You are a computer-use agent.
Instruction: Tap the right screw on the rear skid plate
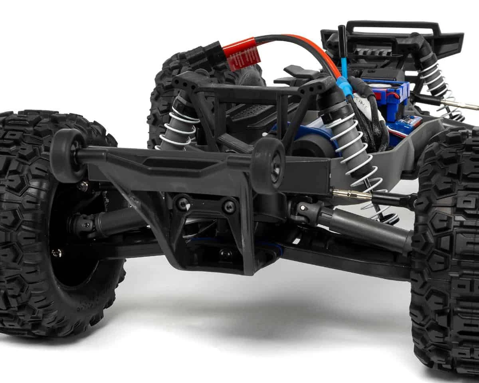pyautogui.click(x=229, y=207)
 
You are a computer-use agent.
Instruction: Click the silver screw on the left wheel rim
pyautogui.click(x=57, y=252)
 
